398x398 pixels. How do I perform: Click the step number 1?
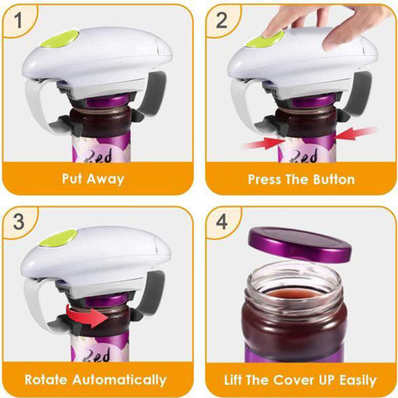tap(18, 20)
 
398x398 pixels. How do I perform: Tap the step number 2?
tap(221, 20)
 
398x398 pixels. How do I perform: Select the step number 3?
tap(19, 221)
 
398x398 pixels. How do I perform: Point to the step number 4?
tap(221, 221)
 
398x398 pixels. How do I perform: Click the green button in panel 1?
tap(60, 39)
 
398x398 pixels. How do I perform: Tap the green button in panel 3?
tap(58, 238)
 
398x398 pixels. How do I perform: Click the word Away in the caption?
tap(105, 179)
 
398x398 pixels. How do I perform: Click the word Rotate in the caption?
tap(46, 380)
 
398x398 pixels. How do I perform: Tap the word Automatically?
tap(119, 381)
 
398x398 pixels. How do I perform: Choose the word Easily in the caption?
tap(358, 381)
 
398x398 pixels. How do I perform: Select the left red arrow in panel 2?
tap(265, 143)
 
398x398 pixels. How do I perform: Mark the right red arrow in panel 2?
tap(357, 133)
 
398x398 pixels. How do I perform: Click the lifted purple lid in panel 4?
tap(300, 245)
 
